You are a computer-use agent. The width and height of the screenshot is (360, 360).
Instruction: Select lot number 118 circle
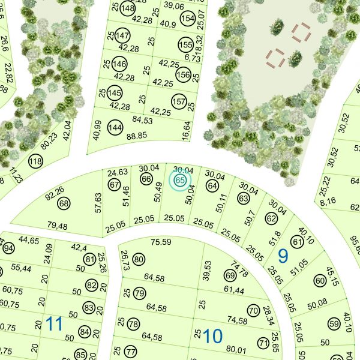(36, 161)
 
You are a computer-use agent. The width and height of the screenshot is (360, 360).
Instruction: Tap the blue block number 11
(54, 325)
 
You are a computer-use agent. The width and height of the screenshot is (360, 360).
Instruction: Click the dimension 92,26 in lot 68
(55, 192)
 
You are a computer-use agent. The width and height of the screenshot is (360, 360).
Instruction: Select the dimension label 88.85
(137, 136)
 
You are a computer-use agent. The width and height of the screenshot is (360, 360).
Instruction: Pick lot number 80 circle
(139, 259)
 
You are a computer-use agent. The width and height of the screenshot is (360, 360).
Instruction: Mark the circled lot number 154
(188, 19)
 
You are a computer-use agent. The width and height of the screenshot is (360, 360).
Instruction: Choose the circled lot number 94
(8, 248)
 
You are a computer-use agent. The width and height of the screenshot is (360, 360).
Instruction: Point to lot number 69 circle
(230, 275)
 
